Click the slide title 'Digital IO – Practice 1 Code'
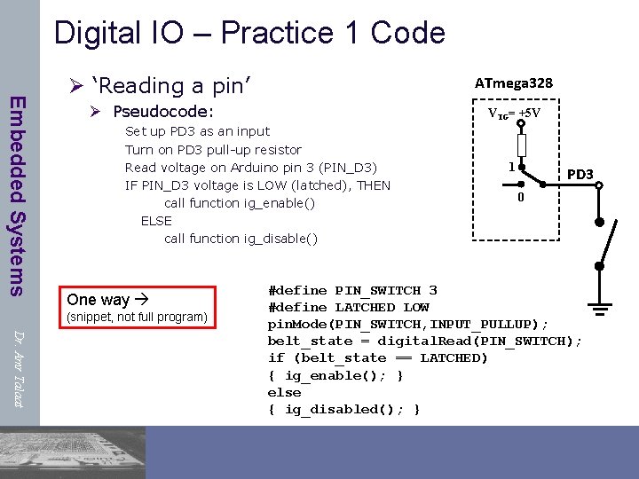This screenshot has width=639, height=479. click(249, 33)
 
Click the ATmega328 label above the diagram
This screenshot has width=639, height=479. click(513, 82)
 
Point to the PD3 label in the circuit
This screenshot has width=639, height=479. click(580, 174)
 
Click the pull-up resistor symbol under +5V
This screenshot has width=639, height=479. click(521, 143)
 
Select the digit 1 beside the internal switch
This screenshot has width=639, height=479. click(509, 166)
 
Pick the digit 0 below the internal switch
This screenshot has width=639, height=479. click(521, 197)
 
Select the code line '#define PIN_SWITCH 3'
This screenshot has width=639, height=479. click(352, 290)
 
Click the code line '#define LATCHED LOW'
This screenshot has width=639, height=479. click(348, 307)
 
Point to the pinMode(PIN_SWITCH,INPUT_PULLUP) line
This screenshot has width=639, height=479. click(408, 324)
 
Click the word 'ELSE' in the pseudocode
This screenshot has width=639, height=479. click(156, 220)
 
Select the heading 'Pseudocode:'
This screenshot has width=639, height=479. click(163, 112)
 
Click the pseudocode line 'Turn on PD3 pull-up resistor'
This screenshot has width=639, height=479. click(213, 149)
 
